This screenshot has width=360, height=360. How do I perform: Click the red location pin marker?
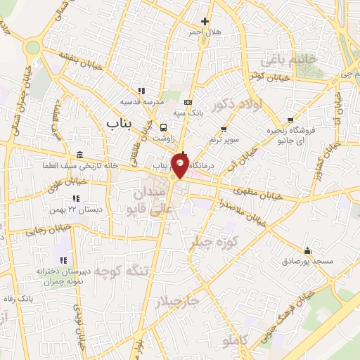point(181,165)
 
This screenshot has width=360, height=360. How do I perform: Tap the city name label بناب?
point(120,123)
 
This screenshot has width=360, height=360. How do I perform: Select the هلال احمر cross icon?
point(205,22)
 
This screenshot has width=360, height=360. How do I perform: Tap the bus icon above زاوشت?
point(164,128)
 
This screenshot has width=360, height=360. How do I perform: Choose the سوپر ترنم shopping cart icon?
point(224,129)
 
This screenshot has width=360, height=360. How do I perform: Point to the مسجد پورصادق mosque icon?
point(307,251)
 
